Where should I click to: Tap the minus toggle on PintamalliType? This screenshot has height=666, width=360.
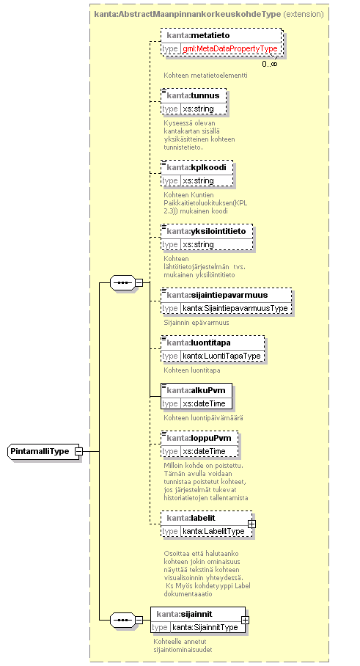[x=78, y=451]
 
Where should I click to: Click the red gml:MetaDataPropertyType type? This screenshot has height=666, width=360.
[x=230, y=48]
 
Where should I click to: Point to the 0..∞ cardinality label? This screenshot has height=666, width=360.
[x=270, y=64]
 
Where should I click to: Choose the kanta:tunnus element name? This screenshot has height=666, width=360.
[x=193, y=95]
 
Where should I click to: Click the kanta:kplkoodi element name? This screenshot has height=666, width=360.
[x=196, y=167]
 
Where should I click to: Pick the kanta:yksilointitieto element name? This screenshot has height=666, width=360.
[x=206, y=231]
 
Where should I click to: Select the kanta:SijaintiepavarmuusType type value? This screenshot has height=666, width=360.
[x=235, y=308]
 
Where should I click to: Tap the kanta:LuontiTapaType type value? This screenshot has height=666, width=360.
[x=221, y=356]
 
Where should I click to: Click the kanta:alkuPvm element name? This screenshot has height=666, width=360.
[x=196, y=390]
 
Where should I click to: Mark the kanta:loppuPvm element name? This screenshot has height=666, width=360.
[x=199, y=437]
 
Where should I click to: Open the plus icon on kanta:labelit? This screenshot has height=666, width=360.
[x=251, y=524]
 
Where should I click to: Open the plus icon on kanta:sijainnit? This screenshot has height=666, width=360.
[x=245, y=620]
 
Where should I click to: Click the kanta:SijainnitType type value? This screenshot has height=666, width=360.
[x=205, y=627]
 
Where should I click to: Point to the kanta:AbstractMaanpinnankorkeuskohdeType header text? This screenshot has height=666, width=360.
[x=187, y=14]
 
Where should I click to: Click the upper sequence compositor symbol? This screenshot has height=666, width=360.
[x=122, y=282]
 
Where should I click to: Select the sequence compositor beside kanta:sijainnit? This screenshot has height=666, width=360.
[x=122, y=620]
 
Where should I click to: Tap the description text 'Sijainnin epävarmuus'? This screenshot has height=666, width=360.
[x=196, y=323]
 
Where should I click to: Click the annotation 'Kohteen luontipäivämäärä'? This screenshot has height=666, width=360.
[x=203, y=417]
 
